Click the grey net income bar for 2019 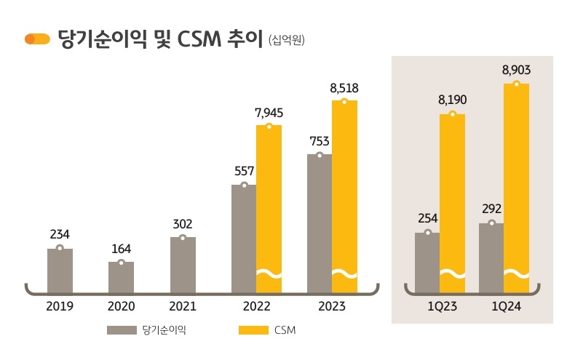(x=60, y=271)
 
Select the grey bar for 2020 (x=121, y=277)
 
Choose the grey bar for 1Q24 (x=491, y=257)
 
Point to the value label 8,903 (x=516, y=71)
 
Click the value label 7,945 (x=269, y=113)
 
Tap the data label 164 (x=121, y=249)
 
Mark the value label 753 (x=319, y=141)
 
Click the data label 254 (x=427, y=219)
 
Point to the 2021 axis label (x=183, y=307)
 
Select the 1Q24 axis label (x=504, y=307)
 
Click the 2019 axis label (x=60, y=307)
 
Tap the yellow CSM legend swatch (x=254, y=331)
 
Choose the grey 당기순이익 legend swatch (x=122, y=331)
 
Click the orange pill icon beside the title (x=37, y=39)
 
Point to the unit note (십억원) (x=286, y=40)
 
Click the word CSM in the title (x=199, y=39)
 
